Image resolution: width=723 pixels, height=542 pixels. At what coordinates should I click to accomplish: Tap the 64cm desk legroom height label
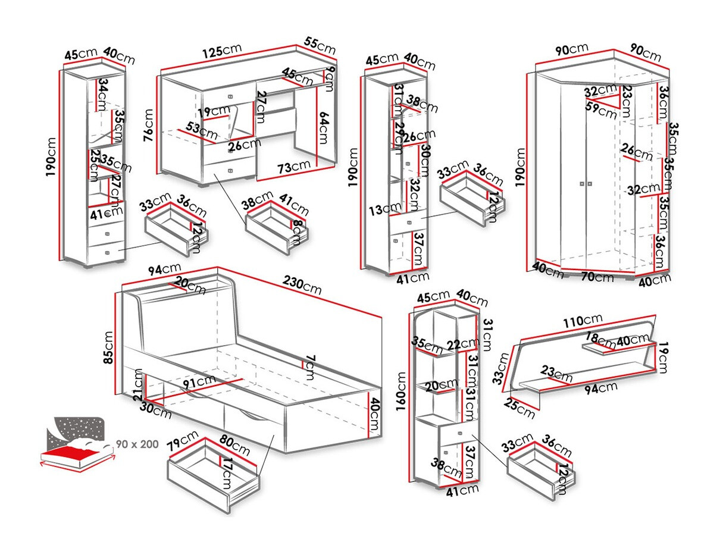(x=325, y=128)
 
